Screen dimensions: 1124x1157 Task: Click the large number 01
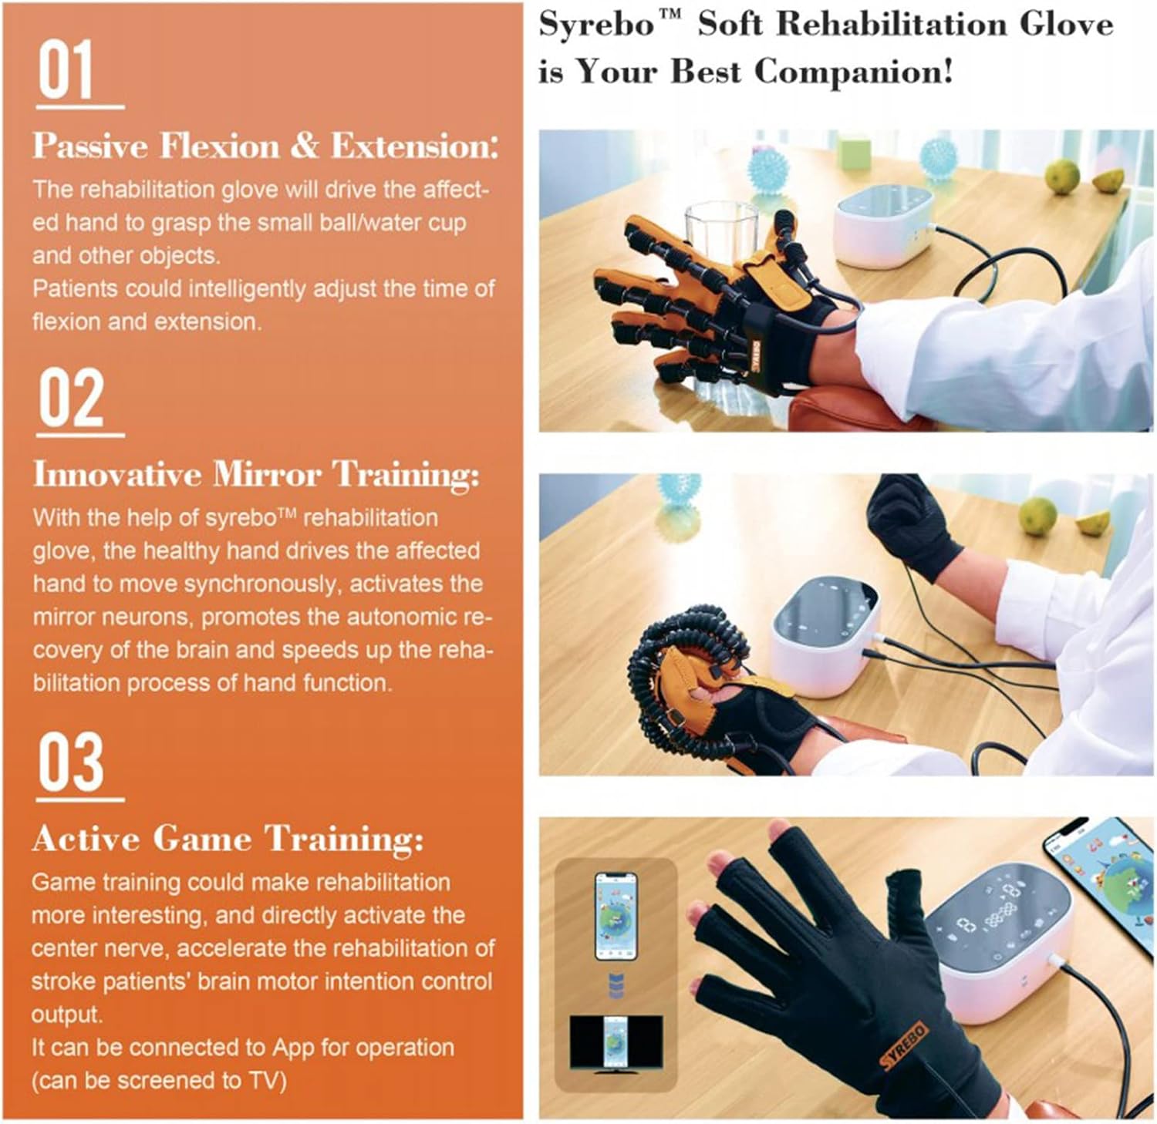point(66,70)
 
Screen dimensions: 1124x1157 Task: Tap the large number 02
point(71,398)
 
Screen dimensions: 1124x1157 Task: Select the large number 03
point(71,762)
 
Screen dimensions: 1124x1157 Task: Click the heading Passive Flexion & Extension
point(265,146)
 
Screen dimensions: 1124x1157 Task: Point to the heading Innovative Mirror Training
point(256,474)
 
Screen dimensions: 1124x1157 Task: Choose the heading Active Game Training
point(228,839)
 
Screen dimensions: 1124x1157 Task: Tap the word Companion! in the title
point(853,72)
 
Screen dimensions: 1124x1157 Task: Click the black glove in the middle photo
point(912,525)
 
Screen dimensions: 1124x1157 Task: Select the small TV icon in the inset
point(616,1042)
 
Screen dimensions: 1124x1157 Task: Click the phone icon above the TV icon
point(616,917)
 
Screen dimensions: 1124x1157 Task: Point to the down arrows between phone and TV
point(616,986)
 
